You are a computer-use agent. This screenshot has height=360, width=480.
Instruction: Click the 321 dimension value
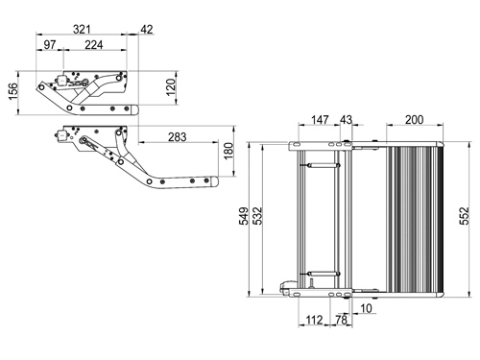pyautogui.click(x=82, y=30)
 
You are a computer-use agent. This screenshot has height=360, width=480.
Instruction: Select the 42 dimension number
pyautogui.click(x=147, y=30)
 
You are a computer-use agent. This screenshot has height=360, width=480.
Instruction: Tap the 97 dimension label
pyautogui.click(x=50, y=45)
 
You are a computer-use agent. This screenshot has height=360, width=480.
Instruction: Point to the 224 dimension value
pyautogui.click(x=94, y=45)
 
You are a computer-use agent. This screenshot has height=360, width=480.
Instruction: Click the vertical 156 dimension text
pyautogui.click(x=13, y=91)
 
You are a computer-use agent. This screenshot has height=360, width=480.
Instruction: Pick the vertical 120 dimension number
pyautogui.click(x=171, y=86)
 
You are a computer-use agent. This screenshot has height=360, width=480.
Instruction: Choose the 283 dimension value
pyautogui.click(x=178, y=137)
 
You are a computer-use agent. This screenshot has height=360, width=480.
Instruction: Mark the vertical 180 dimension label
pyautogui.click(x=228, y=151)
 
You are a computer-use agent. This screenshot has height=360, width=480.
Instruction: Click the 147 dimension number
pyautogui.click(x=320, y=120)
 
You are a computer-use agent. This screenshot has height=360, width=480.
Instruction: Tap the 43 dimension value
pyautogui.click(x=346, y=120)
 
